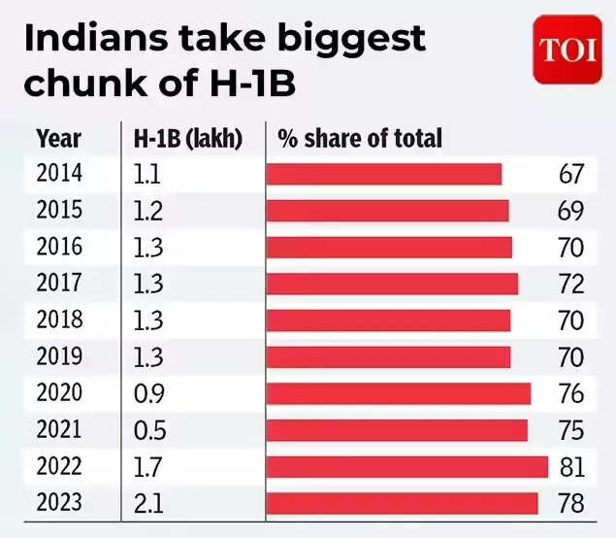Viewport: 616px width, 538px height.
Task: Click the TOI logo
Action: click(x=567, y=50)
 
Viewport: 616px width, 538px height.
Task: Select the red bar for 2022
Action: click(x=406, y=467)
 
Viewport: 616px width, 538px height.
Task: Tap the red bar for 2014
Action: click(x=384, y=174)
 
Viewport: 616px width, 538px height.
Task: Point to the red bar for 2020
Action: click(x=398, y=393)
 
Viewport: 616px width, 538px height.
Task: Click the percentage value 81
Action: click(x=571, y=467)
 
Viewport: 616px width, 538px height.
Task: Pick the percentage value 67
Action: click(x=571, y=174)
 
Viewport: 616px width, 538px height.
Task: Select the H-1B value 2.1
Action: click(x=147, y=504)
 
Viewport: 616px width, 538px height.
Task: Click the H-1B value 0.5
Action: click(x=147, y=430)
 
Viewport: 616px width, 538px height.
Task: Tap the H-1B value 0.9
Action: click(x=147, y=393)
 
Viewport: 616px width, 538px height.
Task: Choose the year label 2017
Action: click(x=59, y=284)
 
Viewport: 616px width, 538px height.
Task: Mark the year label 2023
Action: click(x=59, y=504)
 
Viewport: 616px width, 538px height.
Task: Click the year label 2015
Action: click(x=59, y=211)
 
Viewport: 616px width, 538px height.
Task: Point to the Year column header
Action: click(x=58, y=138)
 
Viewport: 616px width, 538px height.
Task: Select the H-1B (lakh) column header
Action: click(x=187, y=138)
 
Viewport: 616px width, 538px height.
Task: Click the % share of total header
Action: click(x=360, y=138)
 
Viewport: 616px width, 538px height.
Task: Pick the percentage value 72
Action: click(x=571, y=284)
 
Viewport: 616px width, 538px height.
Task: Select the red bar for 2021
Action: click(x=397, y=430)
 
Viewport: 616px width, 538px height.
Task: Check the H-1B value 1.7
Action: click(x=147, y=467)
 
